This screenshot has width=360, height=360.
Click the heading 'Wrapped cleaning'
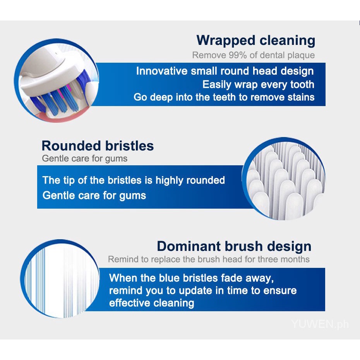pos(256,41)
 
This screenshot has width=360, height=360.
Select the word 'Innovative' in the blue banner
pos(162,71)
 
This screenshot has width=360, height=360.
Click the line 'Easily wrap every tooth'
pos(258,84)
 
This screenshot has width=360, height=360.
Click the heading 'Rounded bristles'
pos(98,146)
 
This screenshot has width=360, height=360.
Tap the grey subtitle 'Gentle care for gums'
pos(85,159)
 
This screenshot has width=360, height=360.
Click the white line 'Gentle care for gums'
pos(94,196)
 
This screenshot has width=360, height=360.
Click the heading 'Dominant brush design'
pos(234,247)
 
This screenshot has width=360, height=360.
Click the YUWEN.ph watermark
pos(320,324)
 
